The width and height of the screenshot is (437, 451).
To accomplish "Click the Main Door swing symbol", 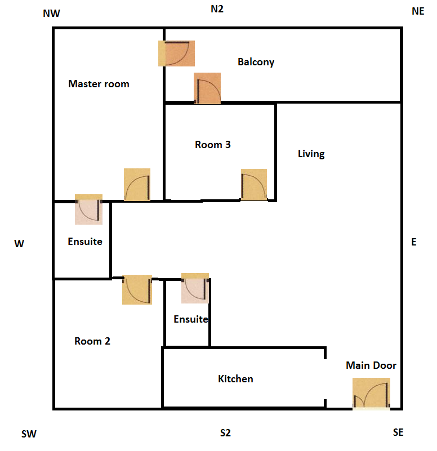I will click(371, 394).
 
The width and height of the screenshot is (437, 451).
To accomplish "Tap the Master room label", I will click(99, 84).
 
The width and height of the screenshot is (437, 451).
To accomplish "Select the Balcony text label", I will click(256, 62).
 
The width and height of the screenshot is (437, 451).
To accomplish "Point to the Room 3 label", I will click(213, 145).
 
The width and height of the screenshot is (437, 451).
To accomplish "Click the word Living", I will click(311, 154).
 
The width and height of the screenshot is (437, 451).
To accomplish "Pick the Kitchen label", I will click(235, 379).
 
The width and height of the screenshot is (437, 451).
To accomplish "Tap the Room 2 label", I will click(92, 341).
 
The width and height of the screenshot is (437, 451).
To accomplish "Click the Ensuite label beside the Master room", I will click(85, 242).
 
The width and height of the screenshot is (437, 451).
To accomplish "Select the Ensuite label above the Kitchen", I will click(191, 319).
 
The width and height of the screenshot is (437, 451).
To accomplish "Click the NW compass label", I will click(51, 13).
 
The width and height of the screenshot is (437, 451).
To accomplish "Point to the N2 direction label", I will click(217, 9).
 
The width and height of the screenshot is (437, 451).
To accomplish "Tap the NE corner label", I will click(418, 11).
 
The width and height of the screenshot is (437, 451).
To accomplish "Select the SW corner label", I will click(29, 434).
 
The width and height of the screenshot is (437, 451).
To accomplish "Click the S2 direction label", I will click(225, 433).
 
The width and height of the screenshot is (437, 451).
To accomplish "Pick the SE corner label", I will click(398, 432).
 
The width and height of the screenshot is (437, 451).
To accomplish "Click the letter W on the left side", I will click(19, 244).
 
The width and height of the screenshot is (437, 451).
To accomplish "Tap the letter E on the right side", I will click(414, 242).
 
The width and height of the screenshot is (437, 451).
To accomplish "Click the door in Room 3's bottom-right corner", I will click(254, 185).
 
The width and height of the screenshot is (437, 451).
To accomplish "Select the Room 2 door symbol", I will click(137, 289).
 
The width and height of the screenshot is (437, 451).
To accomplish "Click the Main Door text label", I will click(371, 365).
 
